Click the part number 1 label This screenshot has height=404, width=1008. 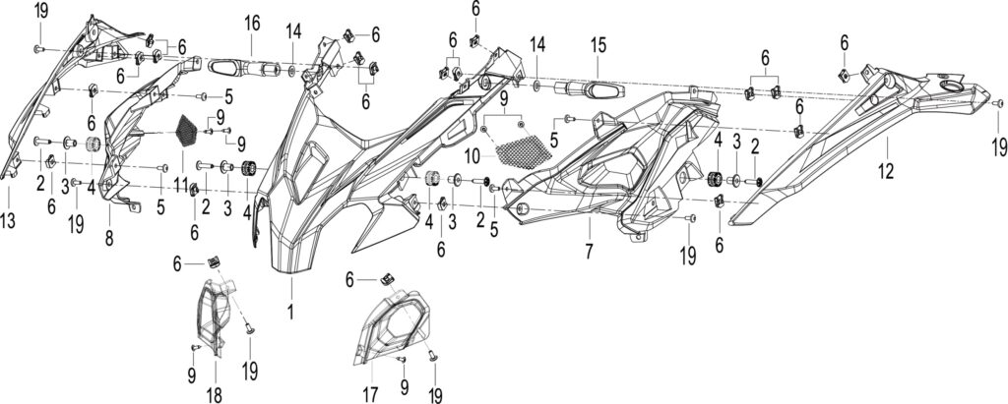tap(290, 313)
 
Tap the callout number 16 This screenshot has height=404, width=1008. tap(252, 24)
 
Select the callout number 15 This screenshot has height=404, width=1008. tap(598, 45)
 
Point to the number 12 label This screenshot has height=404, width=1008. tap(887, 171)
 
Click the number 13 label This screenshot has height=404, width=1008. tap(8, 221)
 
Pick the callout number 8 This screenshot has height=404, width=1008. tap(109, 238)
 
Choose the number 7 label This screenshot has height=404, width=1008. tap(589, 251)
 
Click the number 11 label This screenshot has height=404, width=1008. tap(182, 186)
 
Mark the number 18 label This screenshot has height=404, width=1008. tap(215, 395)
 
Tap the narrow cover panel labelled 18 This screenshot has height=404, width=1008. tap(213, 316)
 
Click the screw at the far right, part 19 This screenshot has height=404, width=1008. tap(998, 103)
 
